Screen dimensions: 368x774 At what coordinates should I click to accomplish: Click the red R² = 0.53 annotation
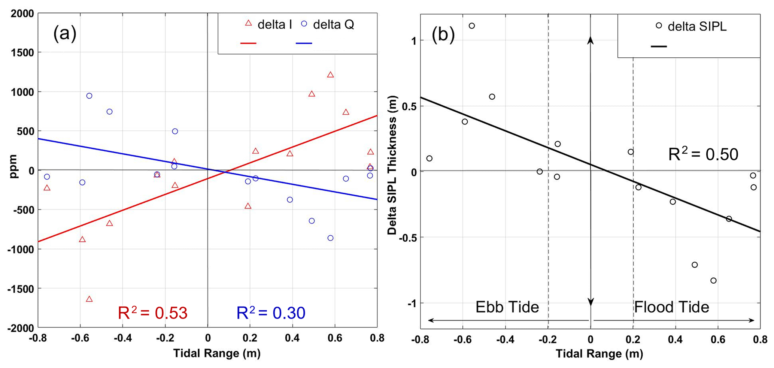tap(152, 313)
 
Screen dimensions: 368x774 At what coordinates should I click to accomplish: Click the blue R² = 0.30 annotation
tap(271, 313)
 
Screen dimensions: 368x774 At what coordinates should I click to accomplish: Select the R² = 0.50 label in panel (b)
tap(703, 154)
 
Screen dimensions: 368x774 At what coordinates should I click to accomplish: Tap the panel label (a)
tap(65, 34)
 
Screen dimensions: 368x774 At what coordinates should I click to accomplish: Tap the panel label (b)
tap(443, 34)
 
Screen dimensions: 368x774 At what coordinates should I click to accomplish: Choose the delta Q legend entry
tap(328, 24)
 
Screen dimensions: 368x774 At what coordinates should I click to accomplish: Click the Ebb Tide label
tap(507, 307)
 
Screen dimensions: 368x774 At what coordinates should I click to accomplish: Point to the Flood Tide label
tap(671, 307)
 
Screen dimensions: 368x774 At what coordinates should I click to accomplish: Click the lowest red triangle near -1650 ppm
tap(89, 299)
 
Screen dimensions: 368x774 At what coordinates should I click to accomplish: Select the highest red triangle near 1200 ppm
tap(330, 75)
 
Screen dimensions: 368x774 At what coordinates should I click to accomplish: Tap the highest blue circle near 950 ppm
tap(89, 96)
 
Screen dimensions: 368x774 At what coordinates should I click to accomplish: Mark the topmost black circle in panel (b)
tap(472, 26)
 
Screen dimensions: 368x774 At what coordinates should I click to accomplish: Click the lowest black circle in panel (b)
tap(713, 281)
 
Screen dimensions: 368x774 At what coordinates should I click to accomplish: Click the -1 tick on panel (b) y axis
tap(410, 303)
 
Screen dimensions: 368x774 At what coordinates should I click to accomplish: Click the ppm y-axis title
tap(14, 167)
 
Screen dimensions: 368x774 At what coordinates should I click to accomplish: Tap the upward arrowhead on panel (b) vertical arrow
tap(591, 40)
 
